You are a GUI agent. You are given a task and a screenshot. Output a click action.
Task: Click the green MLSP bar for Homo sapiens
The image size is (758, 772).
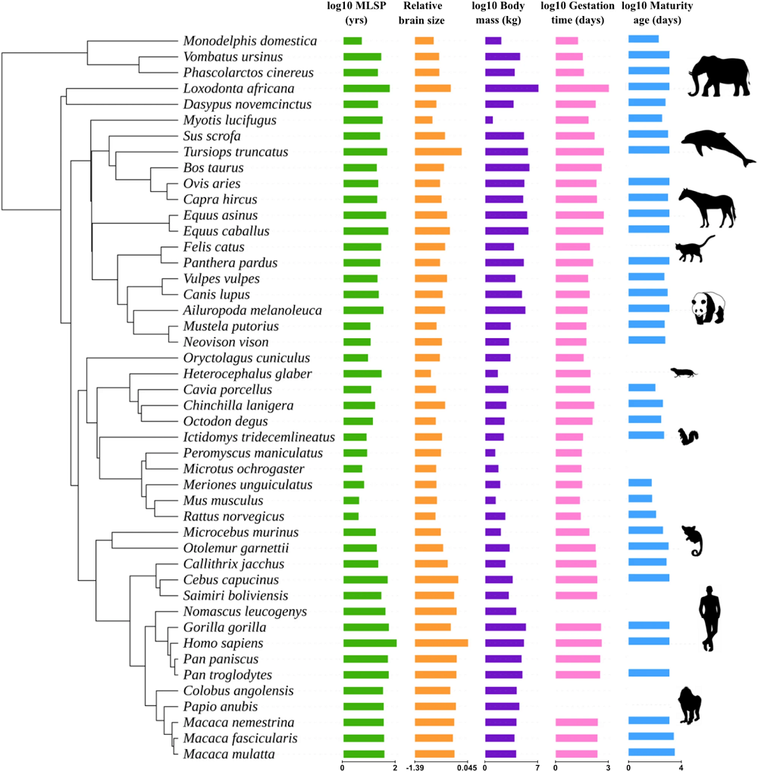click(x=369, y=643)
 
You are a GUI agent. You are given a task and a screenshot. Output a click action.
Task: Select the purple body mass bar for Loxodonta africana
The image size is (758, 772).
click(x=511, y=89)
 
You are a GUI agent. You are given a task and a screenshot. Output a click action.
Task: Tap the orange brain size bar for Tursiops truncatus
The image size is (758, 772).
click(x=438, y=152)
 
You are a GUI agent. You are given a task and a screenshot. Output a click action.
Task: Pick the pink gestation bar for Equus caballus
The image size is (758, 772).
click(x=579, y=231)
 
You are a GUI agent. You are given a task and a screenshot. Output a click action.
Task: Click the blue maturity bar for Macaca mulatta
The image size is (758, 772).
click(x=651, y=753)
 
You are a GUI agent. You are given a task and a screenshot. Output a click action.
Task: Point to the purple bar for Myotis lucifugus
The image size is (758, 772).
click(x=489, y=120)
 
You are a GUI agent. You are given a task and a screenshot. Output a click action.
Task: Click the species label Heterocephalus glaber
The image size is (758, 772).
click(x=247, y=374)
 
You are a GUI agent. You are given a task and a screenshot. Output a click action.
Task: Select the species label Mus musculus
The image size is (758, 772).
click(x=223, y=501)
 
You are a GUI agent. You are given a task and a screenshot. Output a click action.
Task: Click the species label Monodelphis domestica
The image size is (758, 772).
click(x=250, y=41)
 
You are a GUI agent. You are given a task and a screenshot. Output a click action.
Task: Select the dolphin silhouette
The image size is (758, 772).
click(x=717, y=146)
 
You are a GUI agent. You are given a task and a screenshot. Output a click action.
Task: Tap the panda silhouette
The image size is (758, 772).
click(x=707, y=308)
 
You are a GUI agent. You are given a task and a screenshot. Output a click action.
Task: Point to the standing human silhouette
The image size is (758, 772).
click(x=709, y=617)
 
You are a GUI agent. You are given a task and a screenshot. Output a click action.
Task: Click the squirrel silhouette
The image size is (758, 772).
click(x=688, y=437)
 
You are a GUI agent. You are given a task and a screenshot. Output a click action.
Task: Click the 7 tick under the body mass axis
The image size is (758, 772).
click(x=537, y=767)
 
